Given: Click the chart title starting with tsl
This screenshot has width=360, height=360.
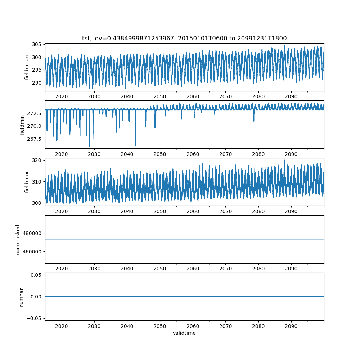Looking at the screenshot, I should tap(184, 38).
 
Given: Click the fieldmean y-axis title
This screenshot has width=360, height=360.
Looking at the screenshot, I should tap(27, 67).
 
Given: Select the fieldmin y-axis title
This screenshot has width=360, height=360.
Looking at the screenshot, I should tap(22, 125).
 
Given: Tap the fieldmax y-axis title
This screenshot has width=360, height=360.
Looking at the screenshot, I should tap(27, 182).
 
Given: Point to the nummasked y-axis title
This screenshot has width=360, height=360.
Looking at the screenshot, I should tap(18, 240).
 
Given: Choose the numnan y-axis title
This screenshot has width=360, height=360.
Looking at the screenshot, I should tap(21, 297).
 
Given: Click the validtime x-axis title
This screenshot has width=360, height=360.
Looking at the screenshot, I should tap(184, 333).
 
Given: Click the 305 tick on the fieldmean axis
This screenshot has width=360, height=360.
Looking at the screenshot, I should tap(37, 44).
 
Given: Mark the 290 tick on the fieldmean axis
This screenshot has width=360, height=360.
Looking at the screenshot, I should tap(37, 83).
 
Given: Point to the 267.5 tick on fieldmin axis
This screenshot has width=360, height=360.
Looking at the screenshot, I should tap(35, 139).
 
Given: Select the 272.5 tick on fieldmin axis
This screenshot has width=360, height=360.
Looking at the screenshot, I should tap(35, 113).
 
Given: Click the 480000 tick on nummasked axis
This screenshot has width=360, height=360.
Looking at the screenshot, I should tap(32, 233).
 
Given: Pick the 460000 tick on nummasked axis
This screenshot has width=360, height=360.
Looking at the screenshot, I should tap(32, 251).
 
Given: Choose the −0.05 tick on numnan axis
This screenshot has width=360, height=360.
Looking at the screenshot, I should tap(34, 318).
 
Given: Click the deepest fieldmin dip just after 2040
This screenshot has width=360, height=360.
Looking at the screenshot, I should tap(135, 145).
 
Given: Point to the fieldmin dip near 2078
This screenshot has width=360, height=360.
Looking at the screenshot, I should tap(254, 121).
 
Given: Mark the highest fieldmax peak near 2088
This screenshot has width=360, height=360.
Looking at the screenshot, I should tap(284, 160).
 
